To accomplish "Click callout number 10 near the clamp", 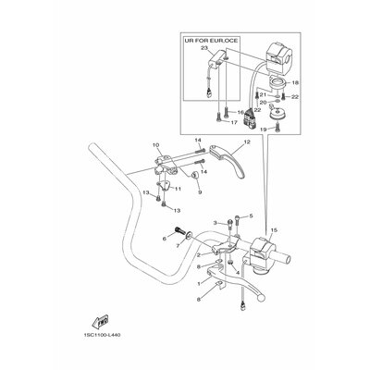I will tap(156, 144).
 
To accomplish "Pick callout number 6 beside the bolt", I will tap(168, 239).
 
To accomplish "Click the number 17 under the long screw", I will tap(220, 121).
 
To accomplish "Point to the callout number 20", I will tap(262, 104).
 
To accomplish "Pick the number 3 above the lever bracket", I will tap(190, 223).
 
